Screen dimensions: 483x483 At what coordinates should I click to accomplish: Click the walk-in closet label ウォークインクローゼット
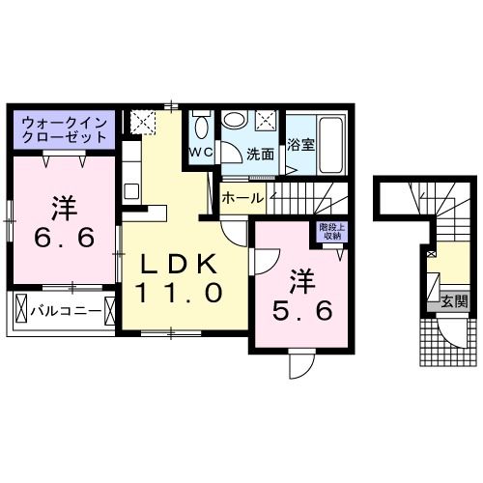pyautogui.click(x=63, y=128)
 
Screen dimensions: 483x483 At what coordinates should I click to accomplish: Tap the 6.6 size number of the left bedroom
pyautogui.click(x=65, y=237)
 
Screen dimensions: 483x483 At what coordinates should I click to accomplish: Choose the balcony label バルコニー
pyautogui.click(x=64, y=312)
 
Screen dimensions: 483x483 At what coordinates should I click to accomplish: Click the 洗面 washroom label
pyautogui.click(x=259, y=154)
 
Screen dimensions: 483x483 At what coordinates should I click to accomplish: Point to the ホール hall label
pyautogui.click(x=241, y=197)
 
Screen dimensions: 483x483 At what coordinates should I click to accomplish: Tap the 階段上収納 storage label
pyautogui.click(x=329, y=232)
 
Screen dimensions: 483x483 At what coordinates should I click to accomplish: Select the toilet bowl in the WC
pyautogui.click(x=201, y=128)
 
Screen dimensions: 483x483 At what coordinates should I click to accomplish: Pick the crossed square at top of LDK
pyautogui.click(x=144, y=123)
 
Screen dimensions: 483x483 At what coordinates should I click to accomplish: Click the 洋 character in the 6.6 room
pyautogui.click(x=64, y=206)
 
